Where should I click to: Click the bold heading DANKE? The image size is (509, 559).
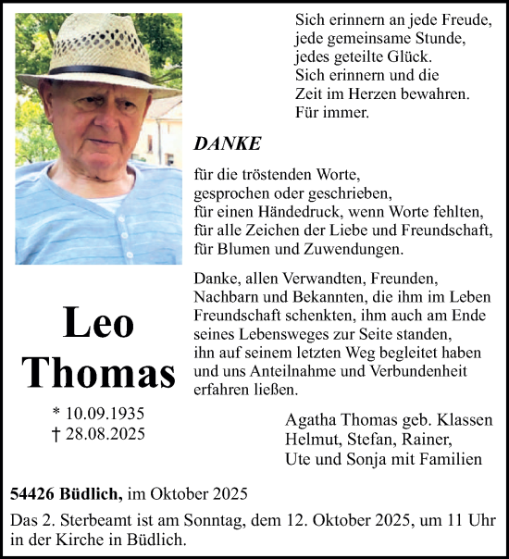point(228,143)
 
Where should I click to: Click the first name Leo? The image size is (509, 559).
point(98,323)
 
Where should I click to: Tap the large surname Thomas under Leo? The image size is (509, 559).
point(98,372)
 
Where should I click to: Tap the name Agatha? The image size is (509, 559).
point(311,420)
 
